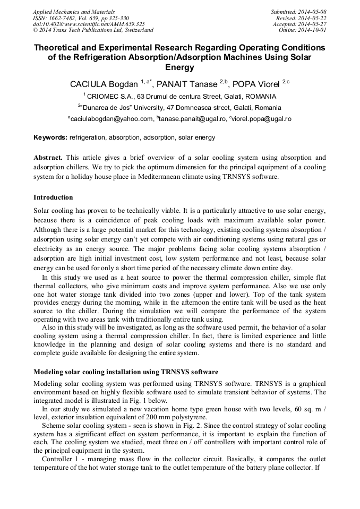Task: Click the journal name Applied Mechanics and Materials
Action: (74, 12)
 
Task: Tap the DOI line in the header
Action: (89, 24)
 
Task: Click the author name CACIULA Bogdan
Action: (104, 84)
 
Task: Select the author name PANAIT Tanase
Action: (190, 84)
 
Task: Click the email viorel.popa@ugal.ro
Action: (260, 119)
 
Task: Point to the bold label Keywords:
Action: (50, 137)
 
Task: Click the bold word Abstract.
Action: (48, 158)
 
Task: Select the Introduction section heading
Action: (53, 197)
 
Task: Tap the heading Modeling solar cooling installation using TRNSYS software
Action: (126, 372)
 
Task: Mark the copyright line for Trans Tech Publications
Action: (93, 30)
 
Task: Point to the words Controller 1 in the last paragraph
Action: (59, 459)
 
